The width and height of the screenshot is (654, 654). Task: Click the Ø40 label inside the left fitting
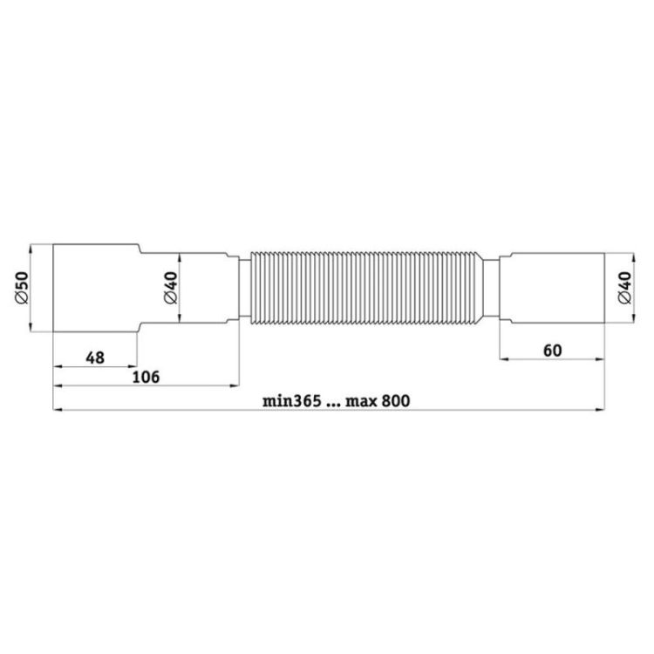click(171, 288)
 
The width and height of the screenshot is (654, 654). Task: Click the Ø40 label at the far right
click(624, 288)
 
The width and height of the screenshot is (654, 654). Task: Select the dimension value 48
click(95, 358)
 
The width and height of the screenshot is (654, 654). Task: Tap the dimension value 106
click(146, 377)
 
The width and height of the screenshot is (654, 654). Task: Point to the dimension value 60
click(553, 351)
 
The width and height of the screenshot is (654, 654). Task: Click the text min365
click(292, 401)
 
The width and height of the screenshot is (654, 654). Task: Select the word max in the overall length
click(361, 402)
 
